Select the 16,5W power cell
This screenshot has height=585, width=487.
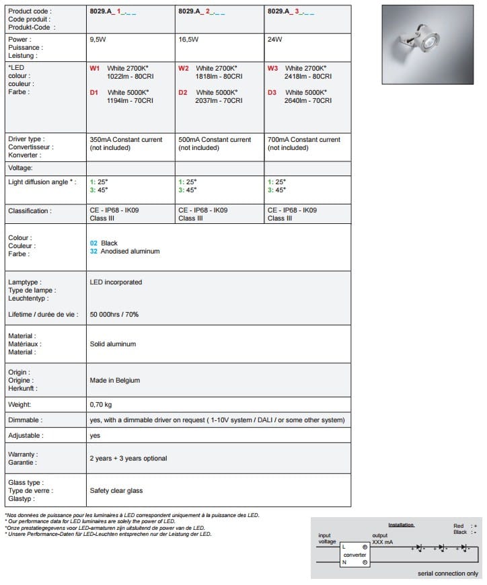coord(188,40)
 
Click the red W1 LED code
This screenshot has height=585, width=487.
coord(94,69)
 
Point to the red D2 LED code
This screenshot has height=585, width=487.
coord(183,92)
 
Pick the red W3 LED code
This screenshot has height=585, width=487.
coord(272,69)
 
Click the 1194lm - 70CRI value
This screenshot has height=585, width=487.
coord(130,101)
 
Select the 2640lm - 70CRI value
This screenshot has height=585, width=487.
coord(309,101)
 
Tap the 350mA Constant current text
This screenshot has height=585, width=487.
coord(126,140)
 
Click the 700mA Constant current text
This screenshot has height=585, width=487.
coord(304,140)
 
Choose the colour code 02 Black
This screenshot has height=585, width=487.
coord(104,243)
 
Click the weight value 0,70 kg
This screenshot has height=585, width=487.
coord(101,405)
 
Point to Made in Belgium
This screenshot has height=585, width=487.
coord(115,380)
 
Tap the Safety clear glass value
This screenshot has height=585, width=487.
coord(116,490)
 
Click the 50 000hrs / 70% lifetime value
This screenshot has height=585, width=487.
coord(114,314)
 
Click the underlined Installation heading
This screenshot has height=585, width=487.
coord(401,524)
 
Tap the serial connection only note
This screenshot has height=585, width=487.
coord(448,574)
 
